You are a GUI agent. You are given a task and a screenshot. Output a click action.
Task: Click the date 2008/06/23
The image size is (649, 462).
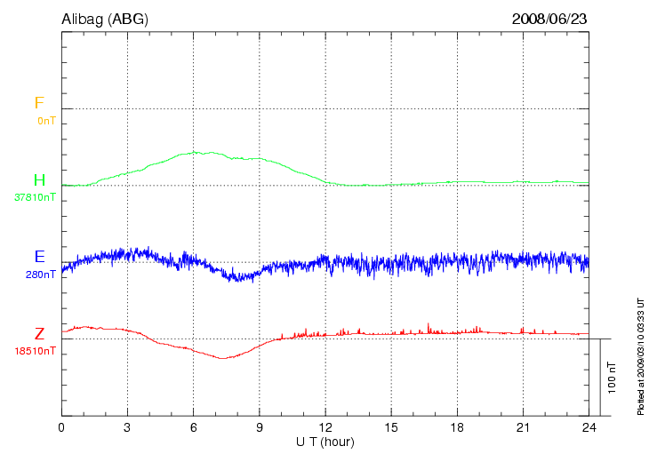tap(549, 18)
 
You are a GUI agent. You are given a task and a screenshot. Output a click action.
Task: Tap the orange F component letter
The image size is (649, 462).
tap(39, 103)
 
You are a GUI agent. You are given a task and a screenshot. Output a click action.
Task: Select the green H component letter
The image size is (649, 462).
tap(39, 180)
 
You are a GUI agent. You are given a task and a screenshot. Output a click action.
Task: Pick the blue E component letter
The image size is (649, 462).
tap(39, 257)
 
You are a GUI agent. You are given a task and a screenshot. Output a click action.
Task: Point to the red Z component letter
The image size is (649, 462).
tap(39, 334)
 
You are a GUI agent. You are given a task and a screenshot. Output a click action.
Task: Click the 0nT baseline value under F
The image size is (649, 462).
tap(45, 120)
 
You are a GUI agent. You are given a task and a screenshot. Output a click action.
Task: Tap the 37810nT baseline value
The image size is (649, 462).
tap(36, 197)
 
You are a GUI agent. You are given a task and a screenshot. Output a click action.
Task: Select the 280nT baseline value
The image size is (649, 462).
tap(42, 275)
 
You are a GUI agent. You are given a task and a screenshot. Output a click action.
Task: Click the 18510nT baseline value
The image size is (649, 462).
tap(36, 351)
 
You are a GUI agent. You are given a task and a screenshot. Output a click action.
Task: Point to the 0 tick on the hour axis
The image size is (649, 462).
tap(61, 427)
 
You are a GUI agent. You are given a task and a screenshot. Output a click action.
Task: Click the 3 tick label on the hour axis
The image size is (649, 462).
tap(127, 427)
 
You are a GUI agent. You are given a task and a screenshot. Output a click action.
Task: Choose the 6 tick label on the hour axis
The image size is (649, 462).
tap(193, 427)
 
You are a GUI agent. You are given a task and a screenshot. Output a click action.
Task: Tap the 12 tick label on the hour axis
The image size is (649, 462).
tap(325, 427)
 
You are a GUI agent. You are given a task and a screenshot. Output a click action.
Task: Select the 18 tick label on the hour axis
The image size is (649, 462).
tap(457, 427)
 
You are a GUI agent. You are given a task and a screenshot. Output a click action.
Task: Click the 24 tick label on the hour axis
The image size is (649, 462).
tap(589, 427)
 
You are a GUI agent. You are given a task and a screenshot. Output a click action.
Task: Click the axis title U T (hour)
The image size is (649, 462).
tap(325, 442)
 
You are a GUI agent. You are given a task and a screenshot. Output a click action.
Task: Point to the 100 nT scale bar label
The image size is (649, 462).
tap(612, 378)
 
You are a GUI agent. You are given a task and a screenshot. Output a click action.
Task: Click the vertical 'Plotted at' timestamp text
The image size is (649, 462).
tap(640, 355)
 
